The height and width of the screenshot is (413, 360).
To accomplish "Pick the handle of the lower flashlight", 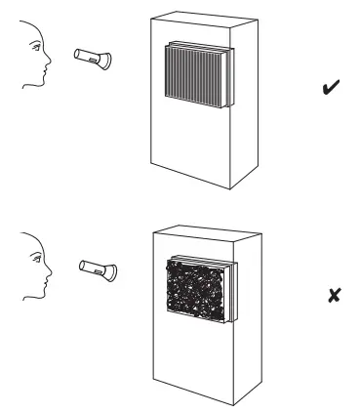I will point(90,266).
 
